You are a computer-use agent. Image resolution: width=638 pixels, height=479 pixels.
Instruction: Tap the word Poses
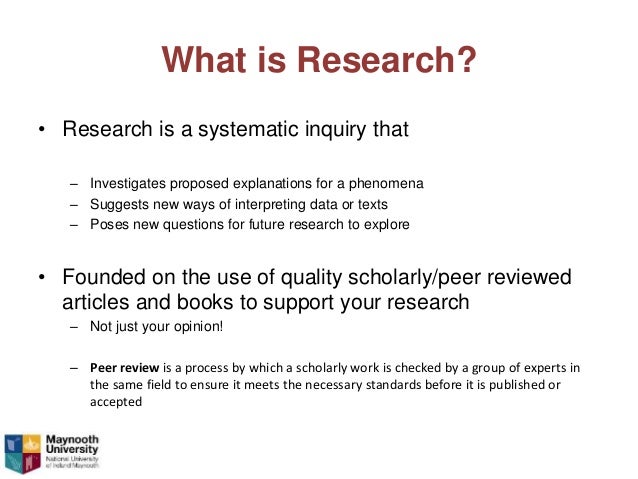point(108,224)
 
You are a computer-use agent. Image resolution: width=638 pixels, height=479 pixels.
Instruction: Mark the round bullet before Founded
point(42,277)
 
